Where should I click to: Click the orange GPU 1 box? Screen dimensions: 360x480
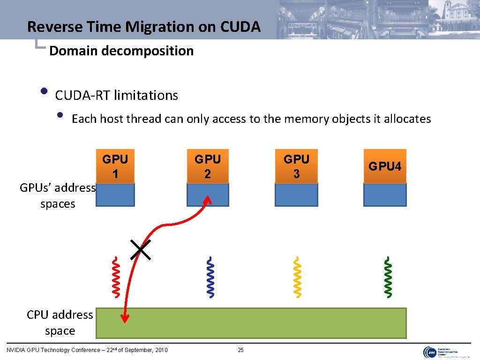pos(115,166)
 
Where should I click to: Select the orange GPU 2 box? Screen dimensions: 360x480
pos(208,166)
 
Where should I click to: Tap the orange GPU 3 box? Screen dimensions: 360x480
pos(296,166)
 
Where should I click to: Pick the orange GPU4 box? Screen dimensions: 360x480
pos(385,166)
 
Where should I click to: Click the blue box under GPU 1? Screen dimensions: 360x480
pos(115,195)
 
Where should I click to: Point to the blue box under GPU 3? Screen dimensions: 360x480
pos(296,195)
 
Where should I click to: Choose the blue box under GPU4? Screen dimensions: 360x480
pos(385,195)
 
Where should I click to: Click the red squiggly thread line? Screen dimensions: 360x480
pos(115,277)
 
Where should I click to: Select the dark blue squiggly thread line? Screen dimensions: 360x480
pos(211,277)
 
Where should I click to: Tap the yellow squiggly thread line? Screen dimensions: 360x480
pos(297,277)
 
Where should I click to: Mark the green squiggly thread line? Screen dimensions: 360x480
pos(388,277)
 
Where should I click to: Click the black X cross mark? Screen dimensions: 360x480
pos(141,249)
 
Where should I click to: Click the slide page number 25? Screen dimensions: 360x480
pos(241,350)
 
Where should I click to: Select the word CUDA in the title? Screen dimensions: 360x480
pos(239,27)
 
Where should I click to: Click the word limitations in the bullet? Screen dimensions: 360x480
pos(146,96)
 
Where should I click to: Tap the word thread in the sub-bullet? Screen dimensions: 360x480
pos(145,119)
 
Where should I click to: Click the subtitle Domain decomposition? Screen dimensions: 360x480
pos(121,51)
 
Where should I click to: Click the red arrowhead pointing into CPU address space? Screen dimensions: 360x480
pos(125,319)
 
